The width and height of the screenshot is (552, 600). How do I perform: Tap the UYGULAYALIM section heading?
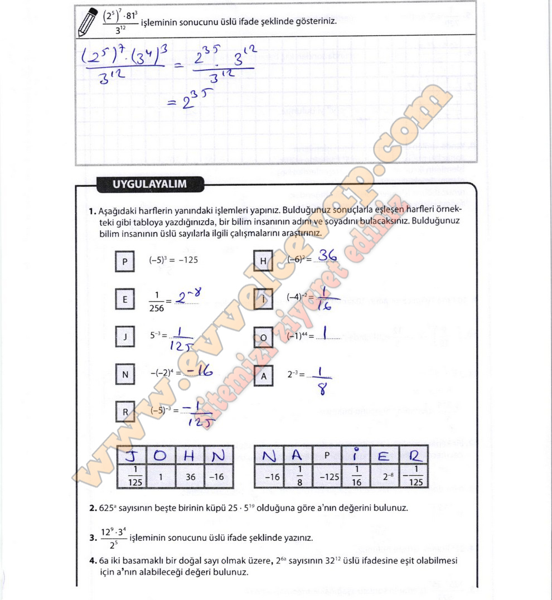point(142,184)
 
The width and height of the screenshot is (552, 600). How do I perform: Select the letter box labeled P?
point(125,261)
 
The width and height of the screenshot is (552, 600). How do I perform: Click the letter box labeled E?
point(125,299)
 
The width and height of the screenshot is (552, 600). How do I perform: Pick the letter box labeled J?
point(125,336)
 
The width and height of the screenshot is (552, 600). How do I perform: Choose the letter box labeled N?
point(125,375)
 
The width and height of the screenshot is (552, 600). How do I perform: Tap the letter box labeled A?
point(263,376)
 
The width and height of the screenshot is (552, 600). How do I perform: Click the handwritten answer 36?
point(327,256)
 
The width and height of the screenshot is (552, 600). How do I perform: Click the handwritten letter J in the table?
point(132,456)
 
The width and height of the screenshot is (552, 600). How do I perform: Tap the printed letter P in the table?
point(327,456)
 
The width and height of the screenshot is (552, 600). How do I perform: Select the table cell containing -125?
point(327,477)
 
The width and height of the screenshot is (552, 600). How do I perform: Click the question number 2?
point(93,508)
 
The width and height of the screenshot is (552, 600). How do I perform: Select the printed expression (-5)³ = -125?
point(173,260)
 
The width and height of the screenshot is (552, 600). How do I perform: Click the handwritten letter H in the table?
point(188,456)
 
